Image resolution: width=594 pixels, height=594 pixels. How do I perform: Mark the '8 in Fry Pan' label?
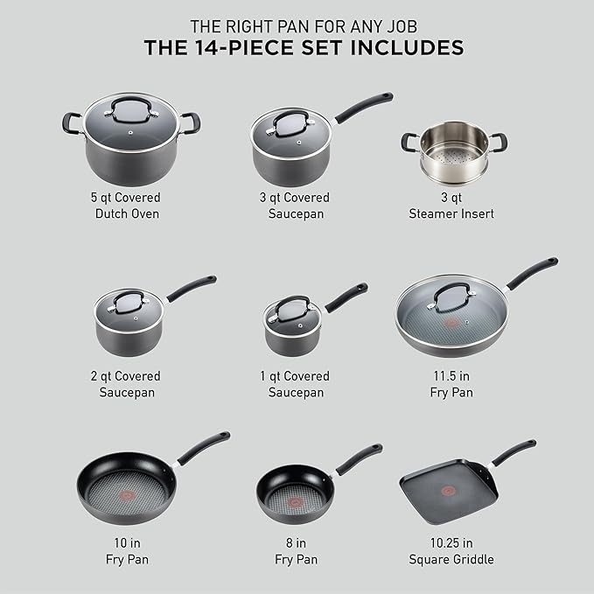click(297, 550)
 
